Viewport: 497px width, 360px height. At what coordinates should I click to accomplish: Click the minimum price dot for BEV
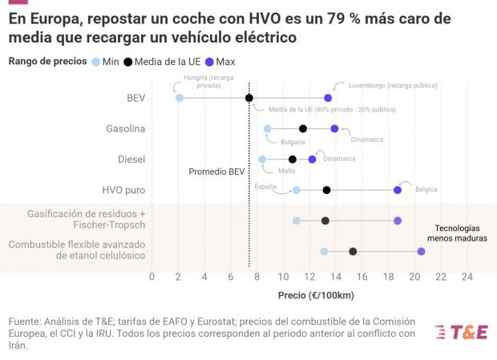[x=179, y=98]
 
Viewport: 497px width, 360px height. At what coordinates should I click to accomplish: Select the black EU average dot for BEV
[x=249, y=98]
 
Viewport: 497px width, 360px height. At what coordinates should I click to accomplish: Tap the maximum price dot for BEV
[x=328, y=98]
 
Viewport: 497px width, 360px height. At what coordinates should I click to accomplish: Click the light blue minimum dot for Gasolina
[x=268, y=128]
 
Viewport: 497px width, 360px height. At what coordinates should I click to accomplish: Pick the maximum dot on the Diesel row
[x=313, y=160]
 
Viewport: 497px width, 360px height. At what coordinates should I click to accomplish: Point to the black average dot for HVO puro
[x=326, y=190]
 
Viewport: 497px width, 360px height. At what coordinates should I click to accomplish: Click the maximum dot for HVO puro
[x=398, y=190]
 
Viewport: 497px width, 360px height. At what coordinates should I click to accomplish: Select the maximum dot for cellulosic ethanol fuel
[x=421, y=251]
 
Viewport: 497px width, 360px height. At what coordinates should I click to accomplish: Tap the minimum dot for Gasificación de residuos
[x=297, y=220]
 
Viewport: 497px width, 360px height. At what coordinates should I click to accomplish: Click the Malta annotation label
[x=286, y=171]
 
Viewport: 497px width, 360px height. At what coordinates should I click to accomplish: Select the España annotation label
[x=265, y=185]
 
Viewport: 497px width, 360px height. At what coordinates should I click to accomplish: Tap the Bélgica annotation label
[x=426, y=189]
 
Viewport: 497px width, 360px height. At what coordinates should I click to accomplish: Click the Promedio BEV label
[x=216, y=172]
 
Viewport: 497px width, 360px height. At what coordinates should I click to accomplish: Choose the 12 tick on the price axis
[x=309, y=277]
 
